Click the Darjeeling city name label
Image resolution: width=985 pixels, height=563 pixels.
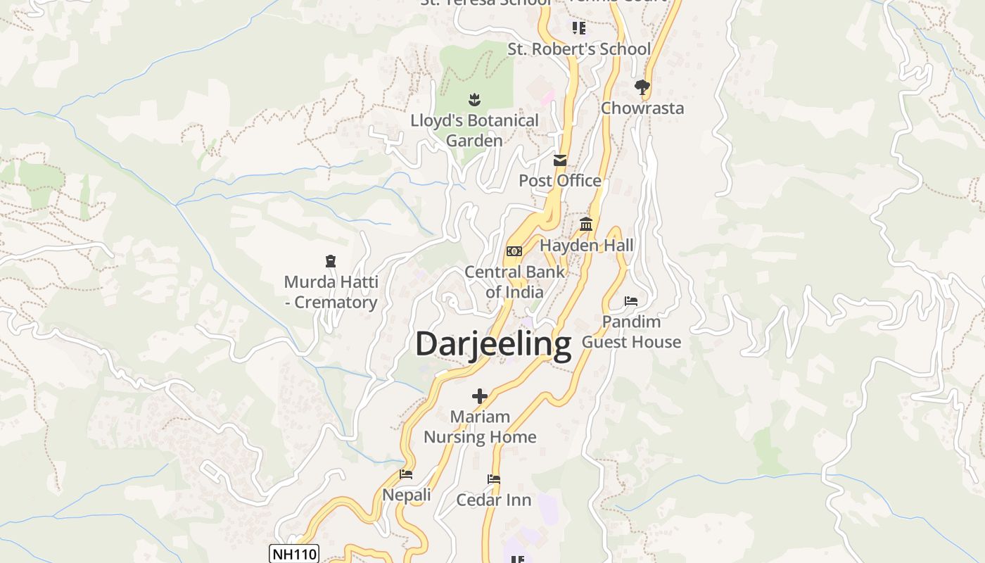pos(493,344)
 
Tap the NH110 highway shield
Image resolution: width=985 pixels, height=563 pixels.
pos(294,554)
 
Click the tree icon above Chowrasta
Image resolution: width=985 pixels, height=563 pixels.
pos(642,87)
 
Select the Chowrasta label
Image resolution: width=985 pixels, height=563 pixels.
pos(642,108)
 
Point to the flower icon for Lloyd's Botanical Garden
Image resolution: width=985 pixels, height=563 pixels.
pos(474,100)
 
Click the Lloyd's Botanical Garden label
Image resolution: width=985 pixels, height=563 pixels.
pos(474,130)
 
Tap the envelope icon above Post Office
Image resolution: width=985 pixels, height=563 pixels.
pos(560,160)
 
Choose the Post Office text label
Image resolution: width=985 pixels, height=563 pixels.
pos(560,181)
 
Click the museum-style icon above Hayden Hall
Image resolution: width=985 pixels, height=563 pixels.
pos(586,224)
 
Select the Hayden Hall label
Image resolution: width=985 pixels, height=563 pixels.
pos(586,246)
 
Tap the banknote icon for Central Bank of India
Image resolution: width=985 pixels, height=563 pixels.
pos(514,251)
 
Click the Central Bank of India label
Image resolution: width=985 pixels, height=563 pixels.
pos(514,281)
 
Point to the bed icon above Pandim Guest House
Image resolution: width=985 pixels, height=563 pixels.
pos(631,301)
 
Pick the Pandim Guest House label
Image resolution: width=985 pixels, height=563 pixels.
pos(631,331)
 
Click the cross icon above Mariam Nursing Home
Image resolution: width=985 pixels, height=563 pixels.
pos(480,396)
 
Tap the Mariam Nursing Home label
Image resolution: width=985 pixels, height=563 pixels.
pos(480,426)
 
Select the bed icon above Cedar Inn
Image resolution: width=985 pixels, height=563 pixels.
pos(494,479)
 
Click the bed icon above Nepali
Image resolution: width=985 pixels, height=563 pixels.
pos(406,474)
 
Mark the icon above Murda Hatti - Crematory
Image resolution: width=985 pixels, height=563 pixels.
pos(331,261)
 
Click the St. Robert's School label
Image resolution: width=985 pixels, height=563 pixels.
pos(579,49)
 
